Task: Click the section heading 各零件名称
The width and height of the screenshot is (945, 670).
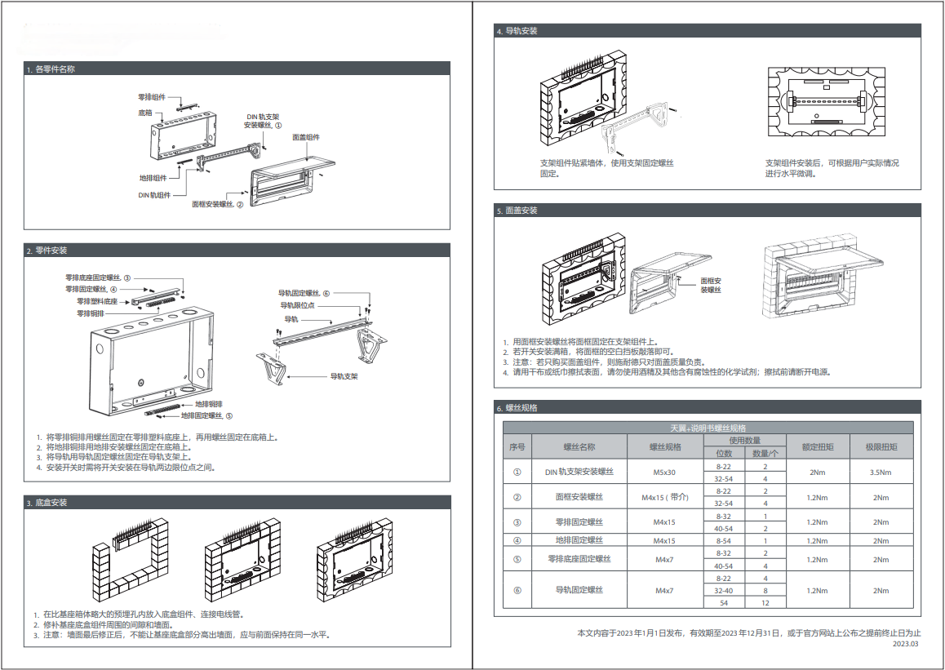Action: click(x=55, y=69)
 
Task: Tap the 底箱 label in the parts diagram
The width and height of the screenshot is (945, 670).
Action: click(x=144, y=112)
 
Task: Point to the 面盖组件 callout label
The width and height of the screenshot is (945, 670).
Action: click(x=306, y=137)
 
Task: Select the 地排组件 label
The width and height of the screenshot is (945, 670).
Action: click(x=153, y=178)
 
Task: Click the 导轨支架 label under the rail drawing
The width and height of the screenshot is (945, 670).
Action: click(x=344, y=376)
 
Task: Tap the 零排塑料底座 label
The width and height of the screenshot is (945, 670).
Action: click(x=97, y=300)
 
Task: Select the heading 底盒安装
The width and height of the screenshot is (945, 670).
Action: click(x=51, y=503)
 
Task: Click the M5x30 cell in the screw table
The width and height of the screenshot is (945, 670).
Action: click(x=664, y=473)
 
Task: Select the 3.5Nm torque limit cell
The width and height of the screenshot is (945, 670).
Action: click(x=881, y=473)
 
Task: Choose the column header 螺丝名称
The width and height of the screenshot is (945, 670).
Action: click(x=579, y=447)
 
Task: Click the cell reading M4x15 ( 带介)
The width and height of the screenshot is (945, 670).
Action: click(x=664, y=498)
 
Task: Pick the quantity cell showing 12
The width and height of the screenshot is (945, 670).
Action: click(x=765, y=602)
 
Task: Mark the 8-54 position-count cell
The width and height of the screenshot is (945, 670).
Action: click(x=723, y=540)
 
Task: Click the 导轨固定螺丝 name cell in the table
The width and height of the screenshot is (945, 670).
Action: click(x=579, y=590)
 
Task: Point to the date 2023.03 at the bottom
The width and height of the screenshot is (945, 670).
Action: click(x=905, y=644)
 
